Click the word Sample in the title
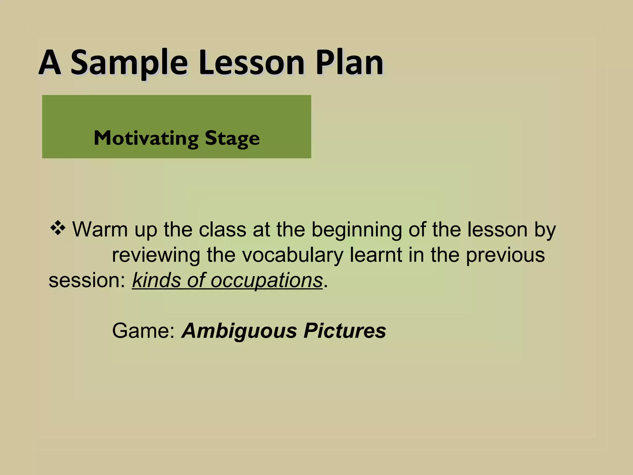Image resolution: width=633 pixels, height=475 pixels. (129, 63)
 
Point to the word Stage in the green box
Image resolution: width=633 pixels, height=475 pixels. (232, 139)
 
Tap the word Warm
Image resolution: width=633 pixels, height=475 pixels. (100, 230)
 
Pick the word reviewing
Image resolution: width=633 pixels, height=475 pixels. (156, 255)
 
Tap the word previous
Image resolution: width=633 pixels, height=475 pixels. (505, 255)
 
